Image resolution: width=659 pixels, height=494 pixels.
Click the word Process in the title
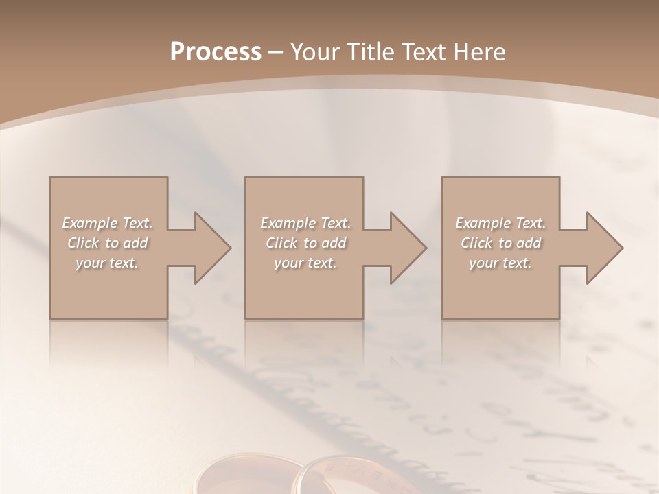(x=216, y=52)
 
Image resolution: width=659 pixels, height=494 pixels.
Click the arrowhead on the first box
(x=209, y=248)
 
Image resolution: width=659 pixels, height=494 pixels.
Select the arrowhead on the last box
(x=601, y=248)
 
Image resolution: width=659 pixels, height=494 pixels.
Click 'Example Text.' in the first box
(x=107, y=223)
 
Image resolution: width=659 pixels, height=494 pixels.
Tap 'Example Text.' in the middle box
(x=305, y=223)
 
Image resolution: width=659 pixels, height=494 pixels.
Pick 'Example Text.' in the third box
(x=500, y=223)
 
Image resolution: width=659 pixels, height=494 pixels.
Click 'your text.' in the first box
(x=107, y=263)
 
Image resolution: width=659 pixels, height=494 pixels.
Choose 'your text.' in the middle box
(x=305, y=263)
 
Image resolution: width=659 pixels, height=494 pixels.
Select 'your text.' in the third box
(x=500, y=263)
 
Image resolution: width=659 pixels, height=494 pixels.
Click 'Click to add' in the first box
(x=107, y=243)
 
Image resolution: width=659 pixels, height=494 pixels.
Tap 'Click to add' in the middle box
(x=305, y=243)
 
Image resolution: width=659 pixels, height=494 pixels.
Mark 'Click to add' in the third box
(x=500, y=243)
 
